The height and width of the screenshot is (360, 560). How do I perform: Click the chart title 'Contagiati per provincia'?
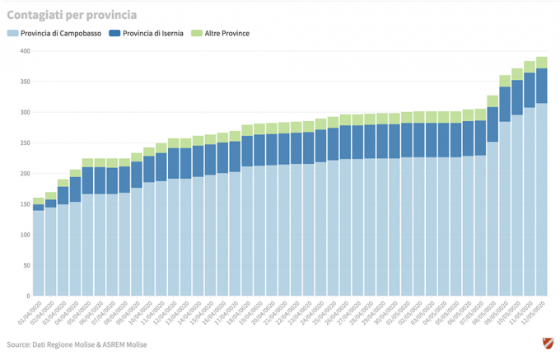click(x=72, y=15)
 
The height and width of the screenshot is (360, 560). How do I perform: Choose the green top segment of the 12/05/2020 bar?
click(x=542, y=63)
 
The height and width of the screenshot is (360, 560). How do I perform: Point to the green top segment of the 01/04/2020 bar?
click(x=38, y=201)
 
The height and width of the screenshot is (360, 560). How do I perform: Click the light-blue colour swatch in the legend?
click(x=12, y=34)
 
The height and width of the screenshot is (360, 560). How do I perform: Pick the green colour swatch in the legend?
click(x=195, y=34)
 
